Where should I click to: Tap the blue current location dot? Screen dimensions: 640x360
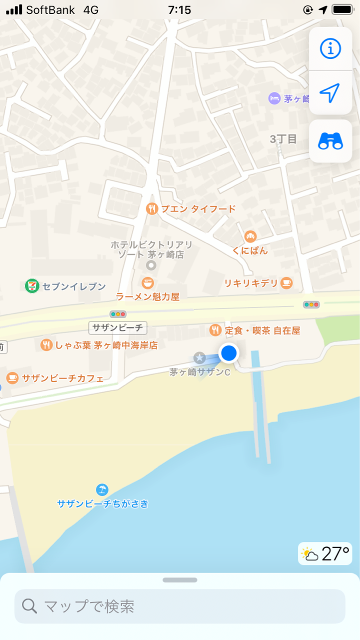(228, 353)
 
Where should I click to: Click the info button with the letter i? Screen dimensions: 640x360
(330, 48)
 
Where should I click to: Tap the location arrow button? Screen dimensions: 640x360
(330, 92)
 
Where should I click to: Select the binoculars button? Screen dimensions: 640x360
(330, 142)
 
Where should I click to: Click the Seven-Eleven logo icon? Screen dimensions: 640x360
(32, 286)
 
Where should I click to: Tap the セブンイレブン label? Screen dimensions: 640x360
(74, 286)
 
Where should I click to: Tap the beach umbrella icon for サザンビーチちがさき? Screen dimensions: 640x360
(102, 489)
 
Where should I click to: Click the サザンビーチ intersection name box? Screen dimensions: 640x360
(118, 328)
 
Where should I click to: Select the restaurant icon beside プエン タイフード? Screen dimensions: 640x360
(152, 208)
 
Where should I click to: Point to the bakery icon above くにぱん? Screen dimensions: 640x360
(250, 236)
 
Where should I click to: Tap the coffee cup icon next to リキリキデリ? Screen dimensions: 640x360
(286, 283)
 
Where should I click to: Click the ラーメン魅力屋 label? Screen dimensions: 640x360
(147, 296)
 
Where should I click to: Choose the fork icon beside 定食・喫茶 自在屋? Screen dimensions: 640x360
(215, 330)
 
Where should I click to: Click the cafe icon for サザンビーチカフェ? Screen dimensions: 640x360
(12, 377)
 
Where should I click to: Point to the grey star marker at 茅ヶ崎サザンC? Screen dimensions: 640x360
(199, 357)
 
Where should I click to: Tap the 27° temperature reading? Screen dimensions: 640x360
(335, 554)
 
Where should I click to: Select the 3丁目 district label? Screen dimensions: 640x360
(283, 139)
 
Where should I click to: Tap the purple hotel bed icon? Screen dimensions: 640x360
(274, 98)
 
